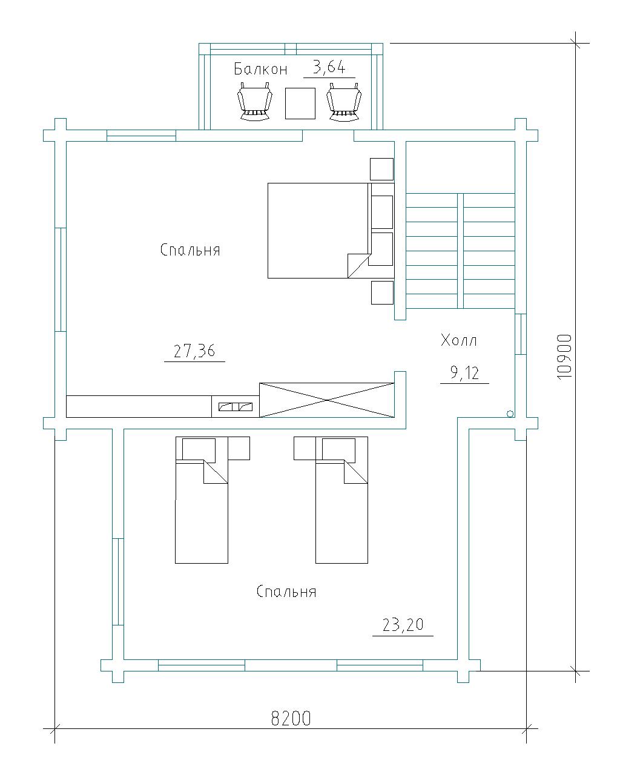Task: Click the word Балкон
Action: [260, 68]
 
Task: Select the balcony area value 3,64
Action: [329, 67]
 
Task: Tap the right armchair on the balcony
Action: [343, 101]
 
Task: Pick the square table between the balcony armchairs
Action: [300, 104]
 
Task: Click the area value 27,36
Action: [194, 351]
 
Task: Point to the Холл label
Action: [458, 340]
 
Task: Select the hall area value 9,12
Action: [464, 373]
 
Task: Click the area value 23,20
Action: [403, 624]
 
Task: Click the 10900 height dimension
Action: [564, 357]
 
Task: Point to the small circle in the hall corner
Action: [510, 414]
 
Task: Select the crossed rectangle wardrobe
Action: [327, 400]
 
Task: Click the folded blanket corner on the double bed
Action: [359, 266]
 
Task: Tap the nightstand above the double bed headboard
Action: [381, 169]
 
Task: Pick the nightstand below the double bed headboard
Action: [382, 292]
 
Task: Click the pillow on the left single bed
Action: [199, 449]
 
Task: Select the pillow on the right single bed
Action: [338, 449]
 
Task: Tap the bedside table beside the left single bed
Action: [239, 448]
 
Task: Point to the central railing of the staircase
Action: [460, 251]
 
